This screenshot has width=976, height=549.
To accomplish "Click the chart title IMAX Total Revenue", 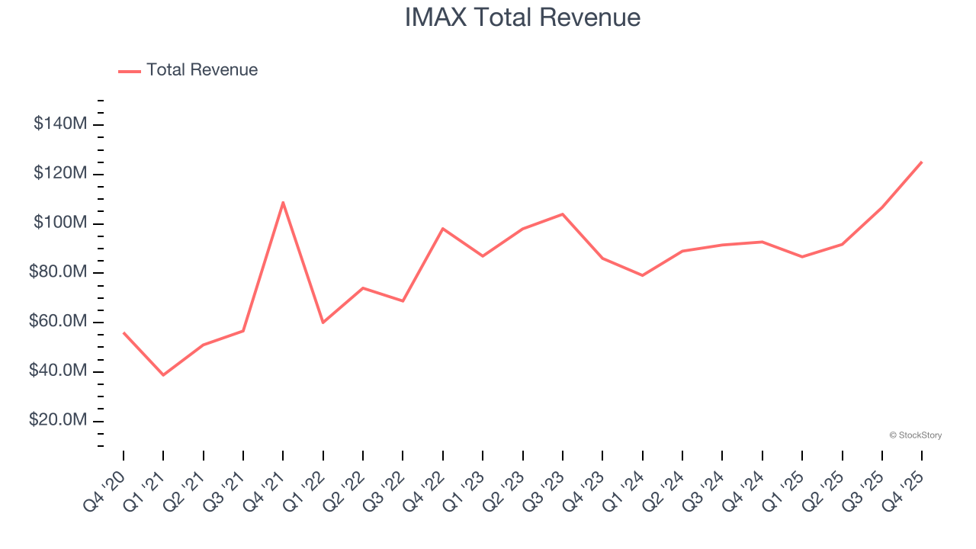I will point(522,18).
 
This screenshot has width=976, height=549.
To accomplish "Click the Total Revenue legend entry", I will point(201,70).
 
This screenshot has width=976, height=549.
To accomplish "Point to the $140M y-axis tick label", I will point(60,124).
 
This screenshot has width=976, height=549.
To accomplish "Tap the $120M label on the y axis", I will point(60,174).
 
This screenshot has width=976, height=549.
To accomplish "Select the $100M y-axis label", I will point(60,223).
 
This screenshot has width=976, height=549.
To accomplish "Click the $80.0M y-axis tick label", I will point(58,273).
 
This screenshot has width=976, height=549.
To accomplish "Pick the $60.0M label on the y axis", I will point(58,322).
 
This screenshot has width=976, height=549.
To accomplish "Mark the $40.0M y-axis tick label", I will point(58,371).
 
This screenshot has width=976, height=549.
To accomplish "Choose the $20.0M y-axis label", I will point(58,421).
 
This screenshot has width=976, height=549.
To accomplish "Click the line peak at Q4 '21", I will point(283,202).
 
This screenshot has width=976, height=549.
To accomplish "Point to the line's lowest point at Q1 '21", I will point(163,375).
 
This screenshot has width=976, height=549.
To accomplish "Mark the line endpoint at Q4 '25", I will point(921,162).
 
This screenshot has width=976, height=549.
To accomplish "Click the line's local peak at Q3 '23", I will point(563,214).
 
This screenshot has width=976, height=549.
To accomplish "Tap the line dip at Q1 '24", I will point(642,275).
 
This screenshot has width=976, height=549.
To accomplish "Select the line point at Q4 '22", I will point(443,229).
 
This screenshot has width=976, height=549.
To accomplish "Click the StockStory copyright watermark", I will point(915,435).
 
